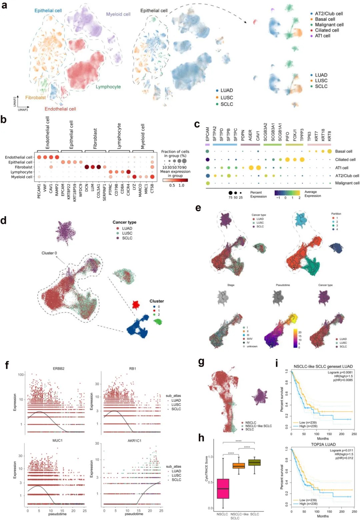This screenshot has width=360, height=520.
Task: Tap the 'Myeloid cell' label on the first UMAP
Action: (118, 14)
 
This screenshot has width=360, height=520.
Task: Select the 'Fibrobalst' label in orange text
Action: (35, 98)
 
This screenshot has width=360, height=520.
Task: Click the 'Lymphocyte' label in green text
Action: (108, 87)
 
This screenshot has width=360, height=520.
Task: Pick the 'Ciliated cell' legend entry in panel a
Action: (327, 30)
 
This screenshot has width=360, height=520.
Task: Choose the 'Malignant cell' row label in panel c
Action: (347, 183)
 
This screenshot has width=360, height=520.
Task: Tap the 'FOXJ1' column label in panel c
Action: (295, 135)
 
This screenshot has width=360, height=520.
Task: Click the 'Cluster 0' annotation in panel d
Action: (49, 253)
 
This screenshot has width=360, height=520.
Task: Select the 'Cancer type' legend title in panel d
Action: (124, 223)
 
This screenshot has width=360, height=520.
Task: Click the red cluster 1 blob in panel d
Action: (136, 304)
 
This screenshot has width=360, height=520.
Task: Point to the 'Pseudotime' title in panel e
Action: (283, 285)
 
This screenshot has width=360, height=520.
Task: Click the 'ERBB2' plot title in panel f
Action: (59, 369)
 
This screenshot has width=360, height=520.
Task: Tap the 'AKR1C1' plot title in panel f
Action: (134, 441)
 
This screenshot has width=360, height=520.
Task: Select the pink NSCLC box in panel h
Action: (223, 488)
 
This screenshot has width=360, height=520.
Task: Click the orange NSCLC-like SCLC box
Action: (239, 466)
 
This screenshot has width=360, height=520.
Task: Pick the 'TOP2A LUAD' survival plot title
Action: (323, 444)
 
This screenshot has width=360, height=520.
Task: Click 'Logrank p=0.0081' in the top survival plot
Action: (340, 372)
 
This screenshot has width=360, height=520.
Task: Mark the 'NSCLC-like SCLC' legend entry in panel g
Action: (258, 426)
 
